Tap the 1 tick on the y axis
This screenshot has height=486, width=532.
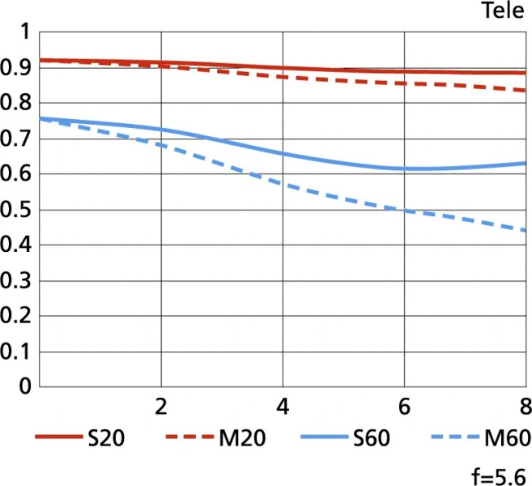click(x=23, y=32)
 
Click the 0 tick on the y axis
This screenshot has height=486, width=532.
click(x=23, y=387)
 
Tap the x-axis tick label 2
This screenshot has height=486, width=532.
click(x=161, y=405)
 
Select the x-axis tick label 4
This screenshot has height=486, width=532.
click(x=283, y=405)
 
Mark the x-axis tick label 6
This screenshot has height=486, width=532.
click(x=404, y=405)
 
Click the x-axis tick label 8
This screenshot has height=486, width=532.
click(x=523, y=405)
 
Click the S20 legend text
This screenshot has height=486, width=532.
click(x=105, y=439)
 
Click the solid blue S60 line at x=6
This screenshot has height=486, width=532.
click(x=404, y=168)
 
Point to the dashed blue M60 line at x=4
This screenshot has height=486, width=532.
click(x=283, y=184)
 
